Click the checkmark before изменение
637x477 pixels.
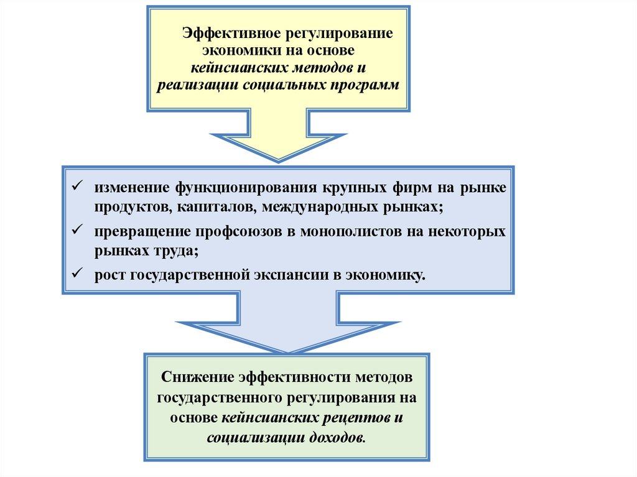pos(77,186)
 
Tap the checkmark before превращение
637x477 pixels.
pos(77,230)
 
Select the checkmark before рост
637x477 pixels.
pos(77,273)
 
